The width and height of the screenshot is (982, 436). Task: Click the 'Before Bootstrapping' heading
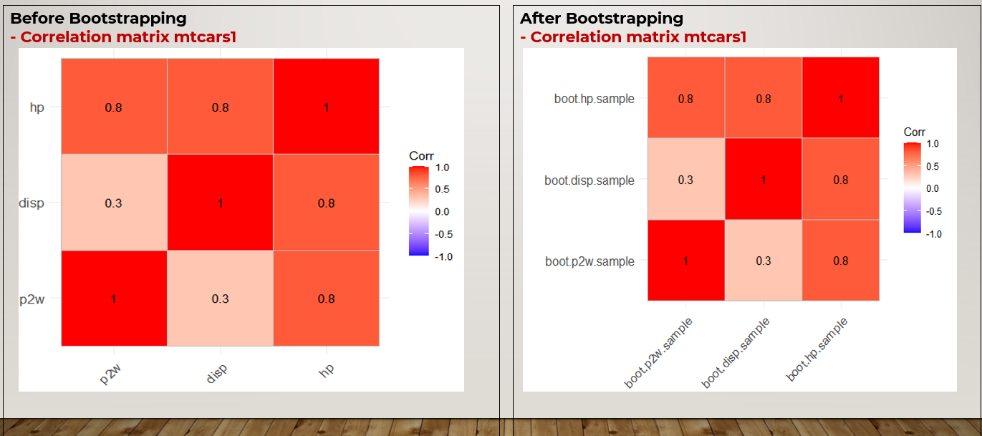pyautogui.click(x=98, y=19)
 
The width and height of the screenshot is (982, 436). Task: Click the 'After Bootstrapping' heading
pyautogui.click(x=602, y=19)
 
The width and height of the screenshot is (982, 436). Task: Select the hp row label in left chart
pyautogui.click(x=36, y=107)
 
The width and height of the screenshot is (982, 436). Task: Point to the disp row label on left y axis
pyautogui.click(x=31, y=203)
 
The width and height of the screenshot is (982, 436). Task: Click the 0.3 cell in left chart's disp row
pyautogui.click(x=113, y=203)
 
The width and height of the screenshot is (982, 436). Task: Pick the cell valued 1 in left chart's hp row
pyautogui.click(x=326, y=107)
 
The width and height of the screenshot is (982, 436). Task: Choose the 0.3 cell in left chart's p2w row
pyautogui.click(x=220, y=299)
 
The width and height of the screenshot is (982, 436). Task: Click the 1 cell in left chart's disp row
pyautogui.click(x=220, y=203)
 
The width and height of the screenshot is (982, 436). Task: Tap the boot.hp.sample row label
pyautogui.click(x=594, y=99)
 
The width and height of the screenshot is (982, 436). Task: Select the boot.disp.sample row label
pyautogui.click(x=589, y=180)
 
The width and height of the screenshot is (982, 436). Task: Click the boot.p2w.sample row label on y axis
pyautogui.click(x=589, y=261)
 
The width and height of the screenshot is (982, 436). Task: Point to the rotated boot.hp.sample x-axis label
pyautogui.click(x=817, y=349)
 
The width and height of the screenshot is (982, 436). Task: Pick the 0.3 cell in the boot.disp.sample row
pyautogui.click(x=685, y=180)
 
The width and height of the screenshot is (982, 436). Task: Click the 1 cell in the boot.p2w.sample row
pyautogui.click(x=685, y=261)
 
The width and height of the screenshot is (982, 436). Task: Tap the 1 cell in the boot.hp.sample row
pyautogui.click(x=841, y=99)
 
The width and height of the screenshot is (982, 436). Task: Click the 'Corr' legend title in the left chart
pyautogui.click(x=421, y=156)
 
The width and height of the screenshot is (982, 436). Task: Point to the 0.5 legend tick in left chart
pyautogui.click(x=443, y=190)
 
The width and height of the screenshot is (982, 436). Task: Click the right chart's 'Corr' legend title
pyautogui.click(x=915, y=132)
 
